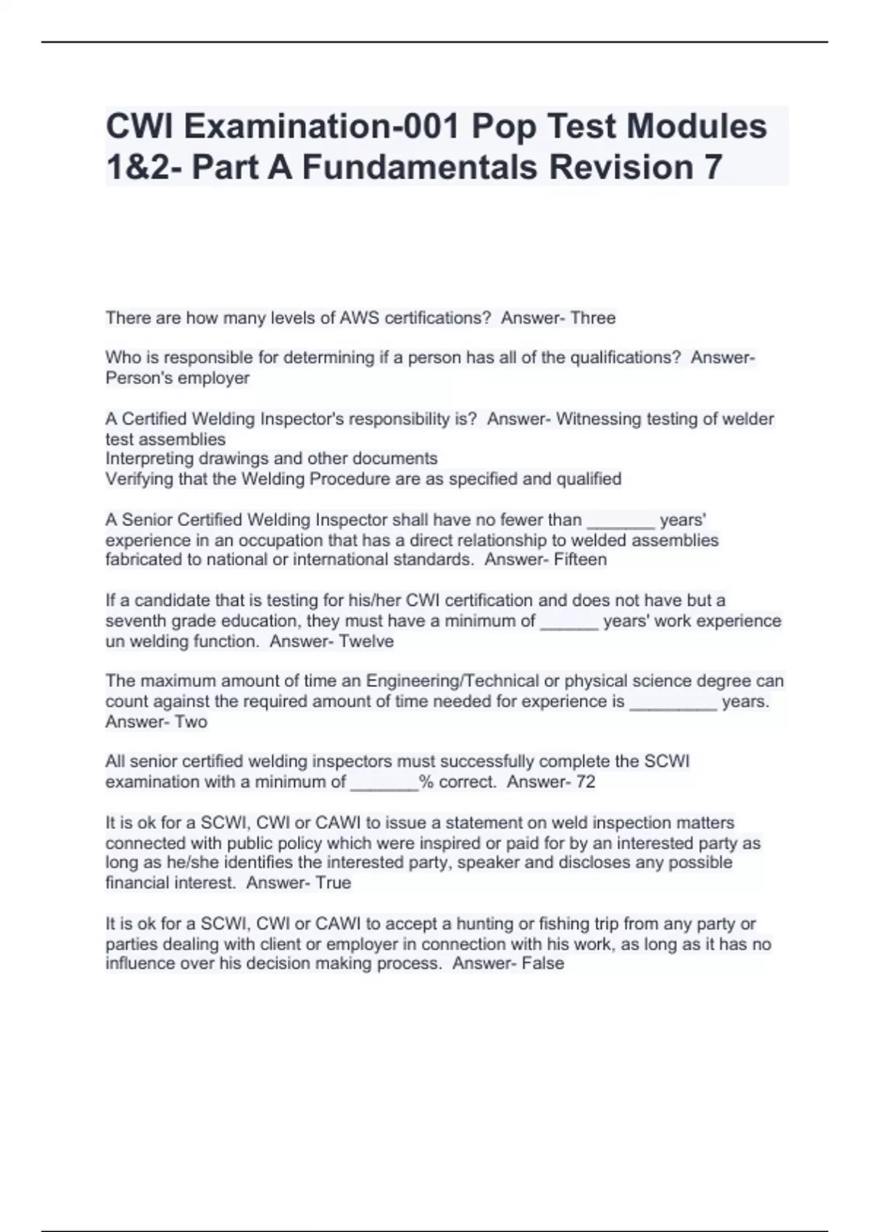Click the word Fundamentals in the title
(420, 167)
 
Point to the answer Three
(592, 317)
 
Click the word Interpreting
(149, 459)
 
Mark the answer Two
(191, 722)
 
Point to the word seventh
(134, 621)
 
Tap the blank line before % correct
(384, 784)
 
